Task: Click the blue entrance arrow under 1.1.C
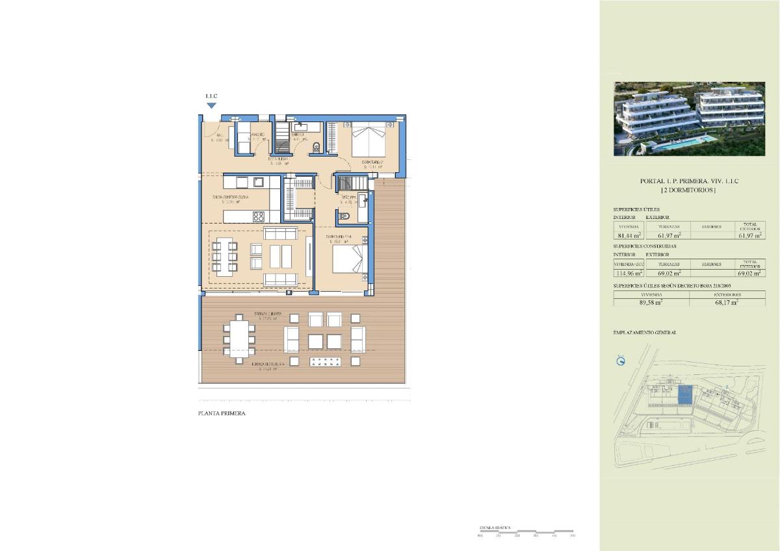click(x=211, y=105)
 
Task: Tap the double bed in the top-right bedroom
click(x=369, y=138)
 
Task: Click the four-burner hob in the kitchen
click(x=258, y=216)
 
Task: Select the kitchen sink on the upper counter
click(x=258, y=181)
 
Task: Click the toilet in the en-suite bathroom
click(x=344, y=216)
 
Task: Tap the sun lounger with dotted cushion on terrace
click(x=324, y=362)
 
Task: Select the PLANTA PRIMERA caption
click(x=222, y=413)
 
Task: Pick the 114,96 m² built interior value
click(x=628, y=274)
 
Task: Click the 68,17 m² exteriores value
click(x=726, y=302)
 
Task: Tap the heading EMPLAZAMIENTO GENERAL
click(x=645, y=332)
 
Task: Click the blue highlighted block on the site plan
click(x=685, y=394)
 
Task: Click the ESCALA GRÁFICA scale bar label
click(x=495, y=528)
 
